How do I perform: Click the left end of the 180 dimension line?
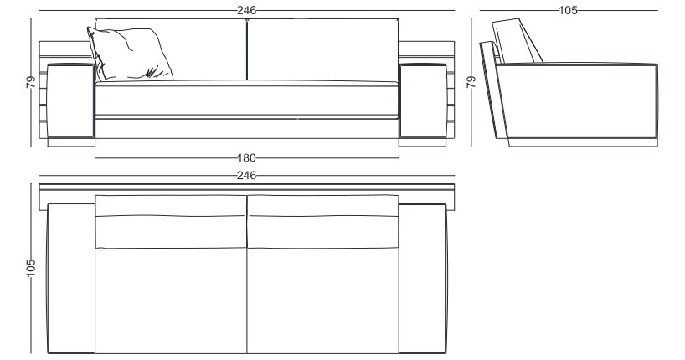(x=95, y=157)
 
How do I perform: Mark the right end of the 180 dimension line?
(x=399, y=157)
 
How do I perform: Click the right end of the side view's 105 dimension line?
(x=657, y=10)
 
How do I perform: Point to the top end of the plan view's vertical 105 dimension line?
(x=31, y=183)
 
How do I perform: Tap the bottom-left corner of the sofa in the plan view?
(x=48, y=353)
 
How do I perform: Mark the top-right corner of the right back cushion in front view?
(x=399, y=18)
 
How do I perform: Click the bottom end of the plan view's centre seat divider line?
(x=247, y=353)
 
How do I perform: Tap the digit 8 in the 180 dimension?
(x=246, y=157)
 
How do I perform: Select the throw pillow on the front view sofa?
(x=130, y=54)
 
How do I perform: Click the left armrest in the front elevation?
(x=71, y=100)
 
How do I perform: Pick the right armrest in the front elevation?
(x=423, y=100)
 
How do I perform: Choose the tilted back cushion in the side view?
(x=518, y=41)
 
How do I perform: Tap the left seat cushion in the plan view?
(x=171, y=301)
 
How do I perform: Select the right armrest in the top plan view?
(x=423, y=278)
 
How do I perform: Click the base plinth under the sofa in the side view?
(x=583, y=142)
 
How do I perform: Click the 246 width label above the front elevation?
(x=246, y=10)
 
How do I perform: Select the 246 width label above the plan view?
(x=246, y=175)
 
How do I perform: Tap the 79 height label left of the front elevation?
(x=31, y=82)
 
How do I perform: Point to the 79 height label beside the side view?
(x=471, y=82)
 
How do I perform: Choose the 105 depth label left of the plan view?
(x=31, y=268)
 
